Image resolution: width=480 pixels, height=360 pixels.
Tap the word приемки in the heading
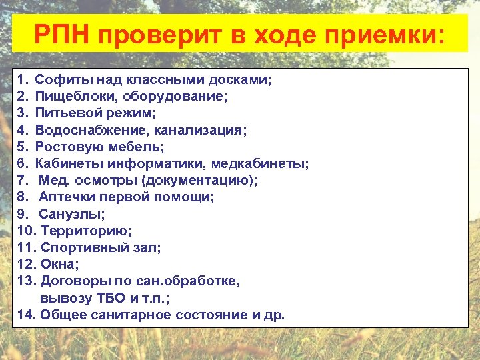(391, 33)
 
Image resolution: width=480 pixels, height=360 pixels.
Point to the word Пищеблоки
(69, 97)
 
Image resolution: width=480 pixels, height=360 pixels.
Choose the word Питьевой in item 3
(63, 113)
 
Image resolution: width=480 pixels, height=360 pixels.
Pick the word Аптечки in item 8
(65, 197)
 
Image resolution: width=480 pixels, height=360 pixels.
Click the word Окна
(57, 264)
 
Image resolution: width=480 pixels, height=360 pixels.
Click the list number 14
(26, 315)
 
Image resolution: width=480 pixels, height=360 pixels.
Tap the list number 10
(26, 231)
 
